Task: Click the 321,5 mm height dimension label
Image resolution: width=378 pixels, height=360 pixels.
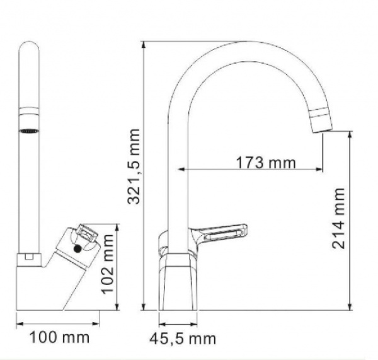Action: pyautogui.click(x=132, y=166)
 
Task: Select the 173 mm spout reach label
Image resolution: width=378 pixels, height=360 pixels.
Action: pyautogui.click(x=266, y=162)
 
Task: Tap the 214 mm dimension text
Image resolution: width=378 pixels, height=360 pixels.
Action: pyautogui.click(x=340, y=218)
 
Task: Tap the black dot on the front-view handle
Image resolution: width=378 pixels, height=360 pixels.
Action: pyautogui.click(x=78, y=248)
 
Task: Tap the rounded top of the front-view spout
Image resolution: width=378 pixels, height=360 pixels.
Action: pyautogui.click(x=29, y=47)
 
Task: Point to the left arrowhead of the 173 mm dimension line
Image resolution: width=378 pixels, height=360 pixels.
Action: pyautogui.click(x=182, y=169)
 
